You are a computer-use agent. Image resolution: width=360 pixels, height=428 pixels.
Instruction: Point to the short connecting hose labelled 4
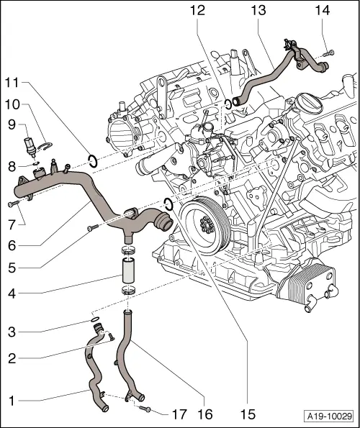[x=128, y=273]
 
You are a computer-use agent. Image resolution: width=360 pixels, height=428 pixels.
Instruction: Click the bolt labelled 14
[x=328, y=51]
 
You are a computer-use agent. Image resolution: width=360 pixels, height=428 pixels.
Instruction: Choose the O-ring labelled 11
[x=92, y=160]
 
